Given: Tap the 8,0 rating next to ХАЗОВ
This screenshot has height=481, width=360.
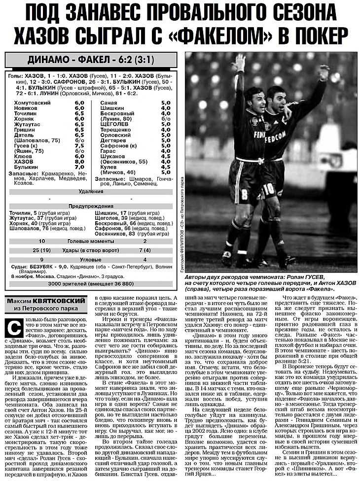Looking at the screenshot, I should (79, 161).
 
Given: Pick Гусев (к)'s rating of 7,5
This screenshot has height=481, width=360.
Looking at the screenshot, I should (79, 145).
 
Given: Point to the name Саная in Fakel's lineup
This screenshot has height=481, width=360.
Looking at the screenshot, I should (108, 102).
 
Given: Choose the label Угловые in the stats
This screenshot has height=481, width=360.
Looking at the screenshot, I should (92, 259).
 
